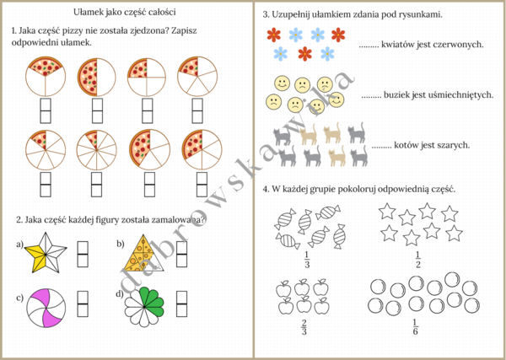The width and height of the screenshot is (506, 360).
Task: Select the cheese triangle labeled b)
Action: pyautogui.click(x=147, y=250)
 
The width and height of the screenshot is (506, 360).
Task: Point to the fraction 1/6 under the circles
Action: pyautogui.click(x=415, y=327)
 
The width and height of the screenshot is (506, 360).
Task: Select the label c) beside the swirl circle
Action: pyautogui.click(x=19, y=298)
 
